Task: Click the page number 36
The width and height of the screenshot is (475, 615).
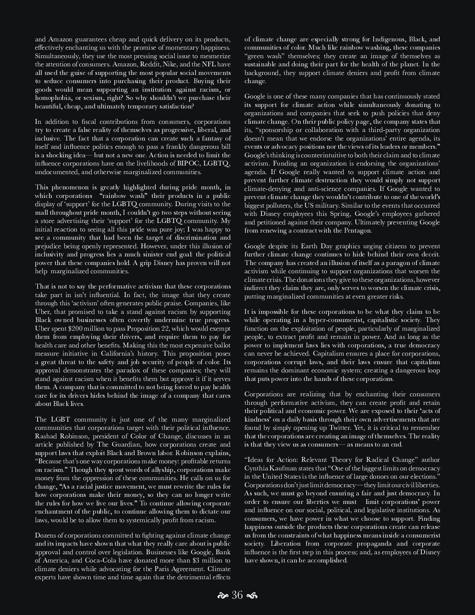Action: tap(237, 595)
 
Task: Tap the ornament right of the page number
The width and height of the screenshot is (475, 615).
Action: tap(252, 596)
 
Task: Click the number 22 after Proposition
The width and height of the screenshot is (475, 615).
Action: tap(181, 328)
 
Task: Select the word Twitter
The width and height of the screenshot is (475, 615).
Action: tap(363, 428)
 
